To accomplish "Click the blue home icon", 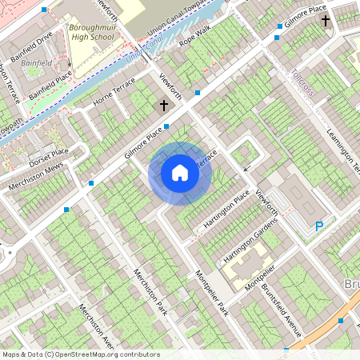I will tap(180, 172).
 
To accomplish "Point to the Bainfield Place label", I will tap(50, 84).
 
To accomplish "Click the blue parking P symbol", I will tap(319, 227).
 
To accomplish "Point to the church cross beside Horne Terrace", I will tap(164, 106).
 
